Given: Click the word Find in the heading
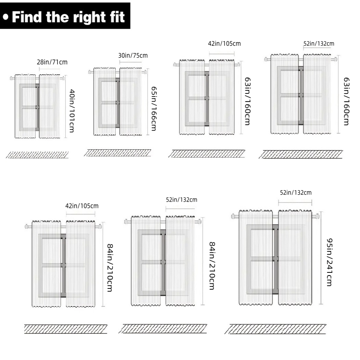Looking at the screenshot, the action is tap(27, 17).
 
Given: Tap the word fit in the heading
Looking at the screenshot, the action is tap(117, 17).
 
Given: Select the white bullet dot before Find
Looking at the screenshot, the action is tap(6, 17).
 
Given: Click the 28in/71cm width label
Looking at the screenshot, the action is tap(52, 62).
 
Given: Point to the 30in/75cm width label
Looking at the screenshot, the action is tap(133, 56).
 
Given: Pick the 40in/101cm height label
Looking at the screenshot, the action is tap(72, 111).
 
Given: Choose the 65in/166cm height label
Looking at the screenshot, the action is tap(154, 109).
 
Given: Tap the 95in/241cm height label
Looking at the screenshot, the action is tap(330, 262).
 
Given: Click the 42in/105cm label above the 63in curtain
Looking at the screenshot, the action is tap(224, 43).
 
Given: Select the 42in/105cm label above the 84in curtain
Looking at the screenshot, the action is tap(82, 206).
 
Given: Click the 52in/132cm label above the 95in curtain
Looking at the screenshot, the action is tap(296, 192).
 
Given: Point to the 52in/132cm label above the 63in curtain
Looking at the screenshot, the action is tap(319, 43).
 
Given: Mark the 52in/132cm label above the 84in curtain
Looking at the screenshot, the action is tap(182, 199).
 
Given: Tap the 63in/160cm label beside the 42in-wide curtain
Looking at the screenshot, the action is tap(247, 101).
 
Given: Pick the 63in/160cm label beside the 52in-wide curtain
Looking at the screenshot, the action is tap(346, 101).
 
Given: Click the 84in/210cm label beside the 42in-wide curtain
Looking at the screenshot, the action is tap(110, 267).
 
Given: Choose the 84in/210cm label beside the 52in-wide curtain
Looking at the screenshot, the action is tap(212, 266).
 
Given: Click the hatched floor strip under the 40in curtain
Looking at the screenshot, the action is tap(37, 155).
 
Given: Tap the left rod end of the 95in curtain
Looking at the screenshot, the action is tap(233, 216).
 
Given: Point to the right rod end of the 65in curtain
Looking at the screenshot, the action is tap(145, 72).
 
